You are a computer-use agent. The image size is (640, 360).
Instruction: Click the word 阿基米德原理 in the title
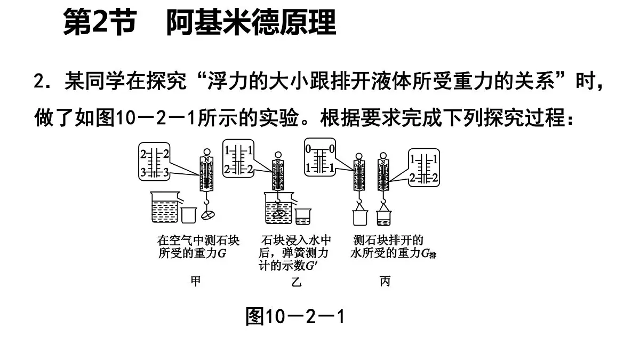coord(251,23)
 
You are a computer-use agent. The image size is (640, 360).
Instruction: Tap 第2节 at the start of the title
coord(99,23)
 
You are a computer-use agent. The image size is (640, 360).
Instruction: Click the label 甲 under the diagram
coord(196,281)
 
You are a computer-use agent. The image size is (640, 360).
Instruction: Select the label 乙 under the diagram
coord(297,281)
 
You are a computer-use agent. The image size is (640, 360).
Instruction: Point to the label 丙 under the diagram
coord(385,281)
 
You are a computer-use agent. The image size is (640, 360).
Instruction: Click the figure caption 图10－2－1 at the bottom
coord(295,317)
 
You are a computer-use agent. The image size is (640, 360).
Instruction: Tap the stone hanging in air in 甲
coord(209,214)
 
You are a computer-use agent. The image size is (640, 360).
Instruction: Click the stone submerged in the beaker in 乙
coord(278,213)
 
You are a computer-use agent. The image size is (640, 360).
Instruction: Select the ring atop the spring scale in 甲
coord(207,151)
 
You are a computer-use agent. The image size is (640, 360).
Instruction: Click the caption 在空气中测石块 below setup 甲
coord(191,239)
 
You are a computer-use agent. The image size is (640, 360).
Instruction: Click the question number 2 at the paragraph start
coord(38,83)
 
